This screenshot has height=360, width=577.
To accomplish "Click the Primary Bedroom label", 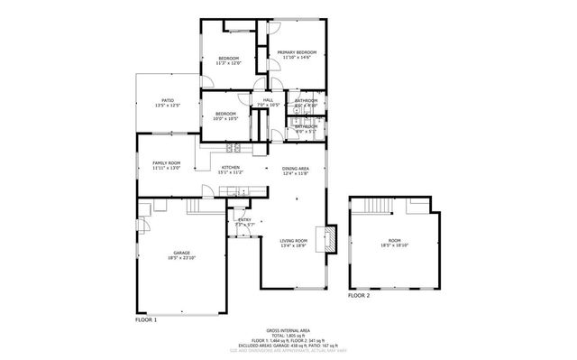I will (295, 53).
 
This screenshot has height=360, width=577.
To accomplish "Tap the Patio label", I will (168, 100).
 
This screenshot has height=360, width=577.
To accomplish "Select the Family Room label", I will (167, 163).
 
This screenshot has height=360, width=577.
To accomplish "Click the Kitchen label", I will (232, 168).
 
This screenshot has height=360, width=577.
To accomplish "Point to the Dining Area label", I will (296, 169).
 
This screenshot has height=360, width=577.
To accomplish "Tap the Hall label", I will (268, 100).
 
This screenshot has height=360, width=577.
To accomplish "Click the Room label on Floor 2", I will (395, 240).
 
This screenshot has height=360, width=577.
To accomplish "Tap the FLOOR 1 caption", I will (146, 319).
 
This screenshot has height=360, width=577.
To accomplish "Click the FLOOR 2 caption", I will (359, 295).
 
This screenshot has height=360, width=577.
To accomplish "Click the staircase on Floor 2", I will (373, 208).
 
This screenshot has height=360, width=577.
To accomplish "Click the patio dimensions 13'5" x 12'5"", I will (168, 106).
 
